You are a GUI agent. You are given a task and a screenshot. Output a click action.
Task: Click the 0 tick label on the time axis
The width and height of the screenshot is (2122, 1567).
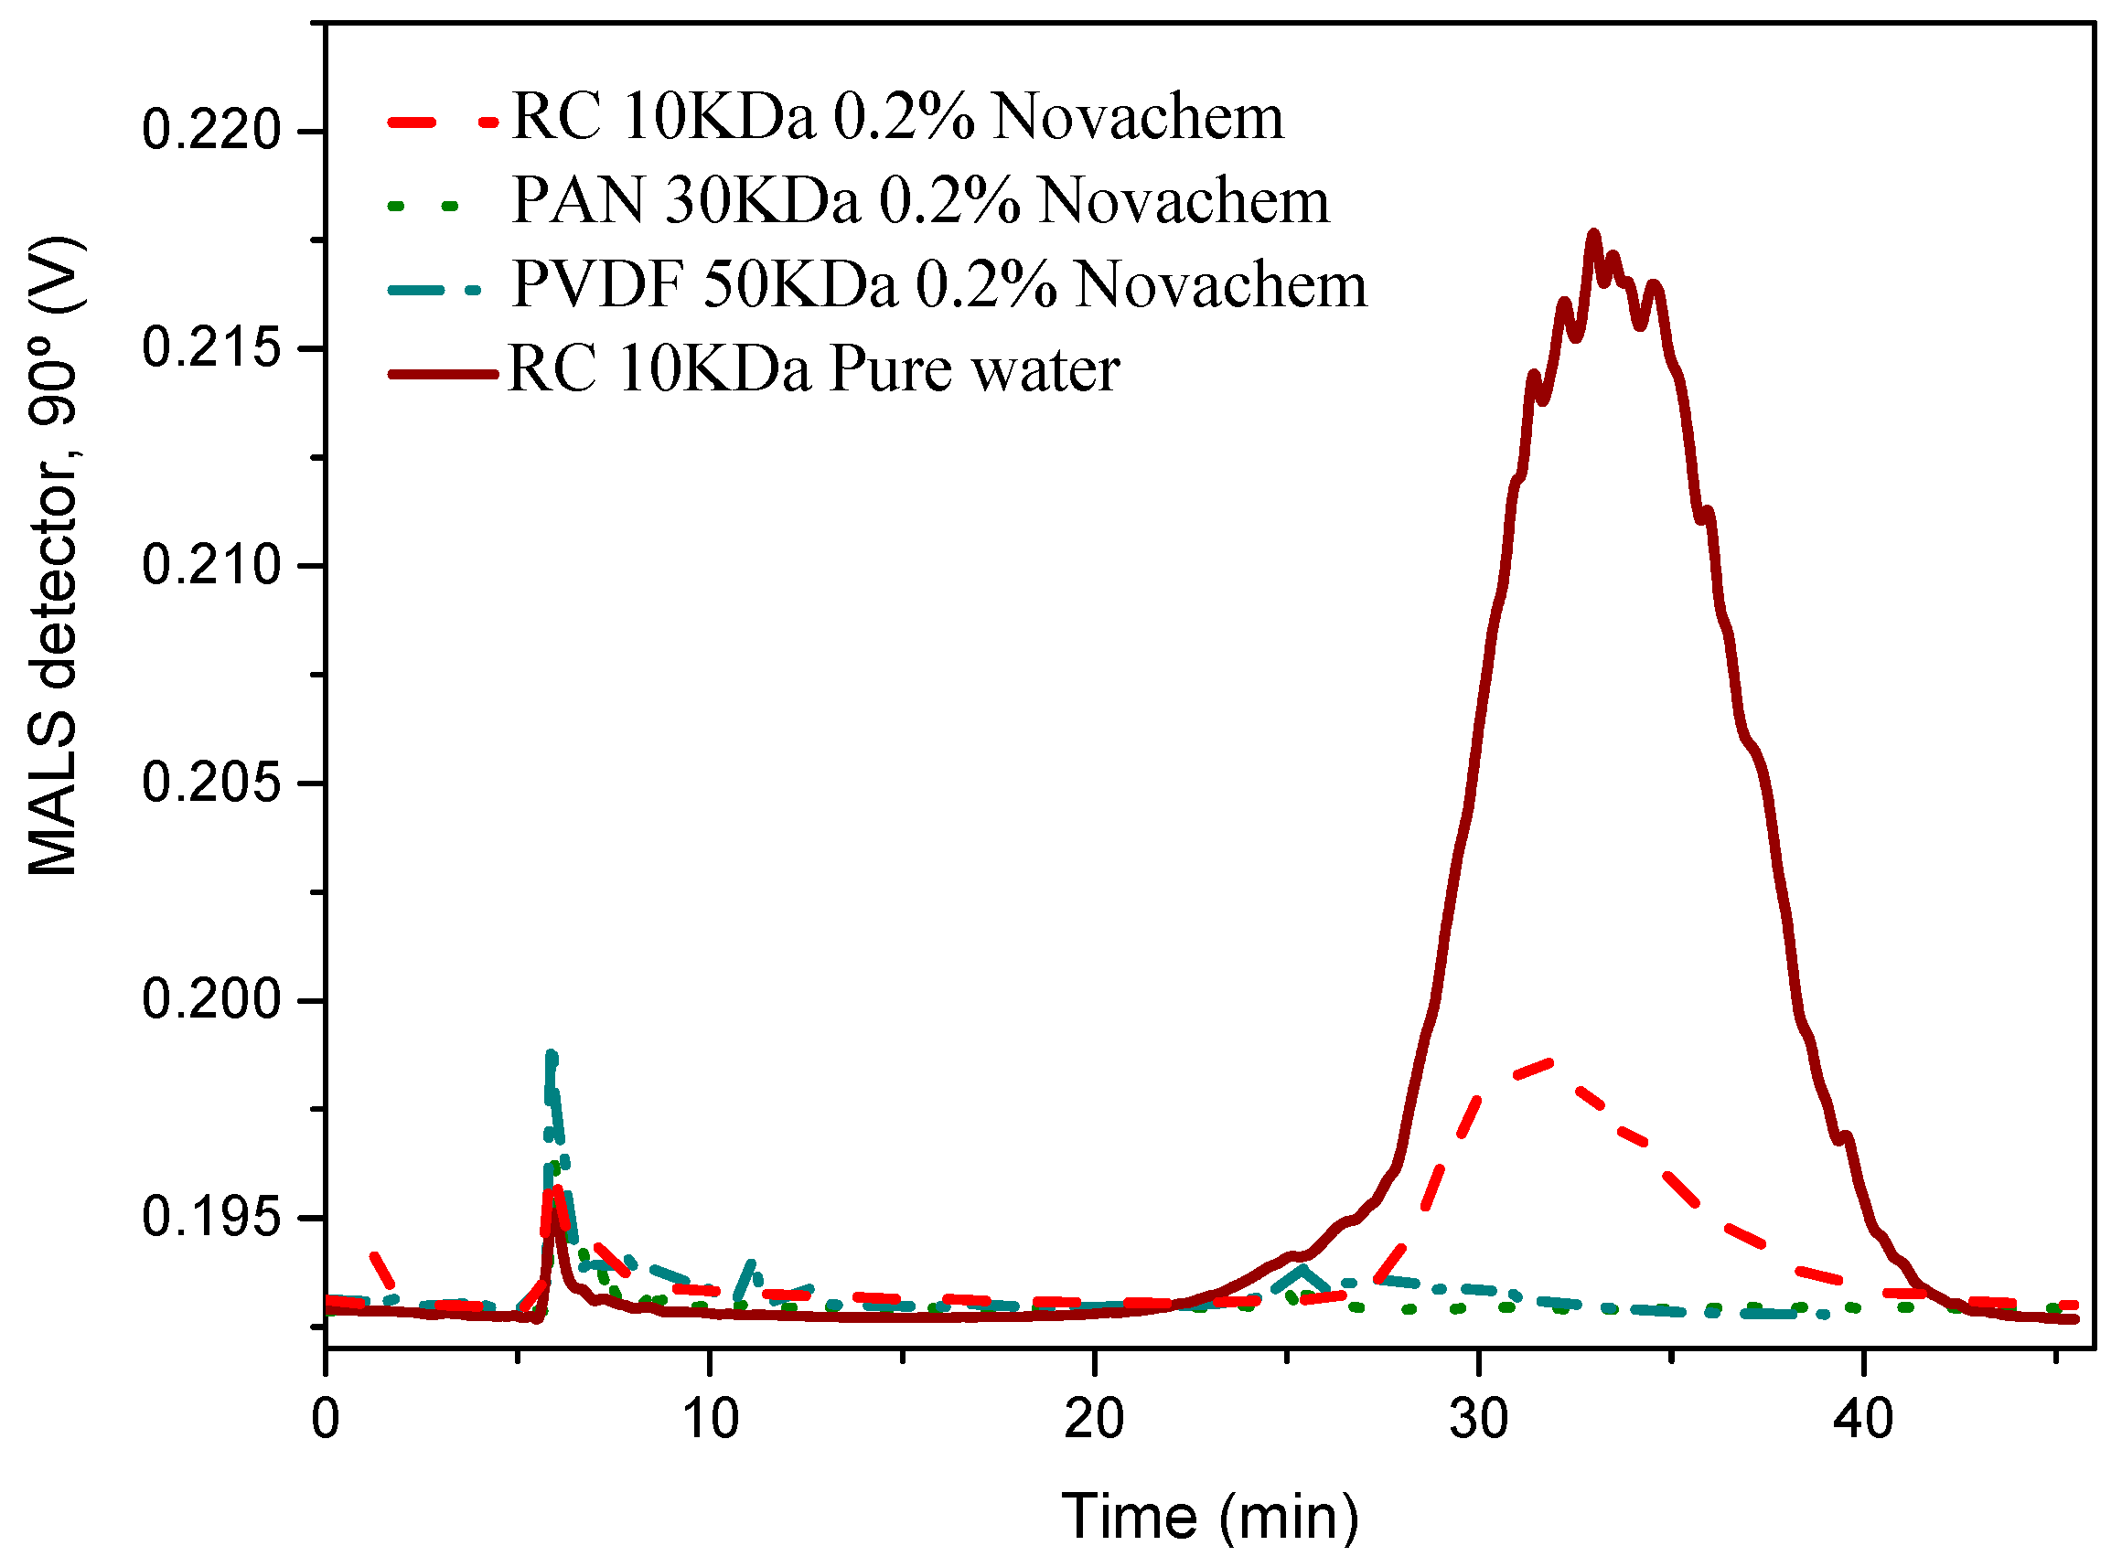click(326, 1421)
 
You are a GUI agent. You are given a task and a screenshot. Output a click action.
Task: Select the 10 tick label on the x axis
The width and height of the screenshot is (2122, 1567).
click(710, 1421)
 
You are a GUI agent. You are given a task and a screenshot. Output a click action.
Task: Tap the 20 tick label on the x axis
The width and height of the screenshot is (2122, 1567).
click(1094, 1421)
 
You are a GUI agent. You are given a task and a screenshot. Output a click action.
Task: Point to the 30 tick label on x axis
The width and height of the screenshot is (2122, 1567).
click(1479, 1421)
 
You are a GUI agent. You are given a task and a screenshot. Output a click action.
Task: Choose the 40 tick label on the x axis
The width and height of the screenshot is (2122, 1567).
click(1863, 1421)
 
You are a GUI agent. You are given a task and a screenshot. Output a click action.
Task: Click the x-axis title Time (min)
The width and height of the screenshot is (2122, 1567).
click(1210, 1517)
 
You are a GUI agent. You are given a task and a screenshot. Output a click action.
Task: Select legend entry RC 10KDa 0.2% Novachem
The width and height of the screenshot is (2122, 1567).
click(897, 118)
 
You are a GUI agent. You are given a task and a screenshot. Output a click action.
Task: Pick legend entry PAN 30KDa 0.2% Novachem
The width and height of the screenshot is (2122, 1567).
click(919, 201)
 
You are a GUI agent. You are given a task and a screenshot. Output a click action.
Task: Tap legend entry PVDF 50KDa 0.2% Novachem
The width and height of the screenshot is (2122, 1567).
click(938, 284)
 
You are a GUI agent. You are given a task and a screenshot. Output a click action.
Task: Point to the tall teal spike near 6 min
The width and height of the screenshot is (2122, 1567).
click(552, 1056)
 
